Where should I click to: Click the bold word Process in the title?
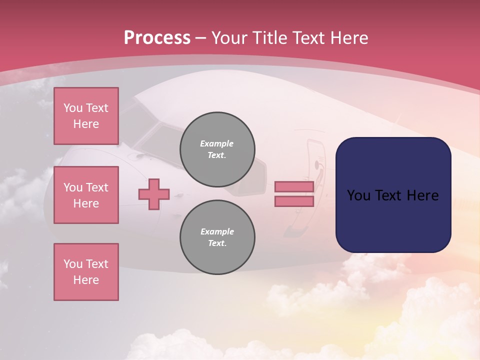(x=157, y=38)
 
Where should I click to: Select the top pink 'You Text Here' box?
(x=86, y=116)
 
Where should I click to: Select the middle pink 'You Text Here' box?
(x=86, y=195)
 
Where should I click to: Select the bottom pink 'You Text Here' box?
(x=86, y=272)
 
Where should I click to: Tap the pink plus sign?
(x=154, y=194)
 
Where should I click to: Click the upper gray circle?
(x=217, y=149)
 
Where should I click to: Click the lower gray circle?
(x=217, y=237)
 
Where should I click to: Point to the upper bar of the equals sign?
(x=294, y=186)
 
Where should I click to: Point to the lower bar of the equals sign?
(x=294, y=201)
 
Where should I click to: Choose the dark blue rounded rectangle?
(x=393, y=195)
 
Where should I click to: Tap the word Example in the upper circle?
(x=217, y=143)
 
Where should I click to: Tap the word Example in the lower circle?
(x=217, y=231)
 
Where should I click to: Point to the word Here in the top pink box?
(x=86, y=124)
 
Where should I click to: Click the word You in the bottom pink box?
(x=73, y=264)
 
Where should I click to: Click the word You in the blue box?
(x=358, y=195)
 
